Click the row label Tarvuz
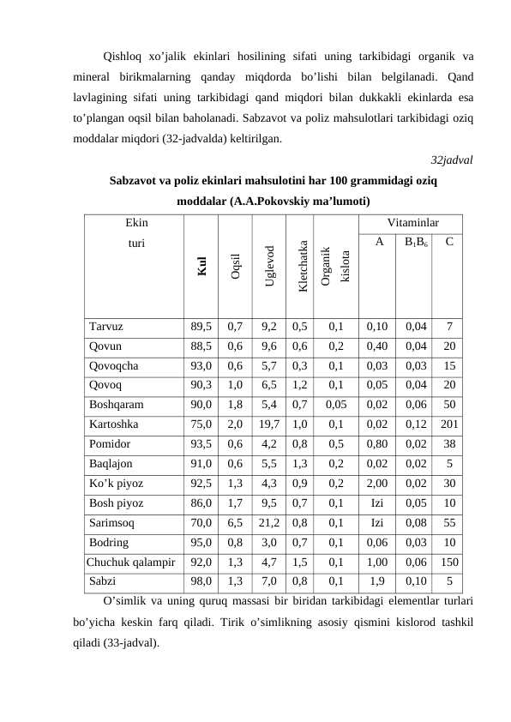click(x=106, y=326)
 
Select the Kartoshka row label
click(x=115, y=423)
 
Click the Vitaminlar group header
click(x=414, y=222)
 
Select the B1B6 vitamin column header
click(x=416, y=243)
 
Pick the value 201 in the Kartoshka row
click(x=449, y=423)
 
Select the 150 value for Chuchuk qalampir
click(x=449, y=563)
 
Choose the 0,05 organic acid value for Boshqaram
click(x=336, y=404)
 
